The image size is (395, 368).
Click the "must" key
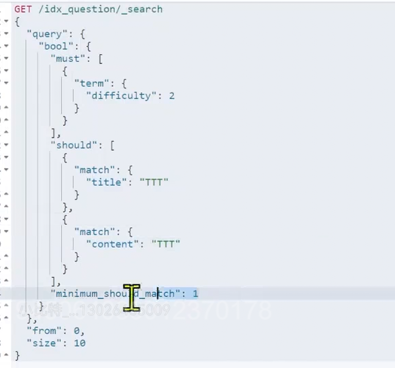click(x=68, y=59)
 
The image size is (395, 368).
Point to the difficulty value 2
click(x=171, y=96)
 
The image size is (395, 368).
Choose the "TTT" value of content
click(x=166, y=244)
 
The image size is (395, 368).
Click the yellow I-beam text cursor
click(x=132, y=297)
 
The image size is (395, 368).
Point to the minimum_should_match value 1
click(x=195, y=294)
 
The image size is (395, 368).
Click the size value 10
click(x=79, y=343)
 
